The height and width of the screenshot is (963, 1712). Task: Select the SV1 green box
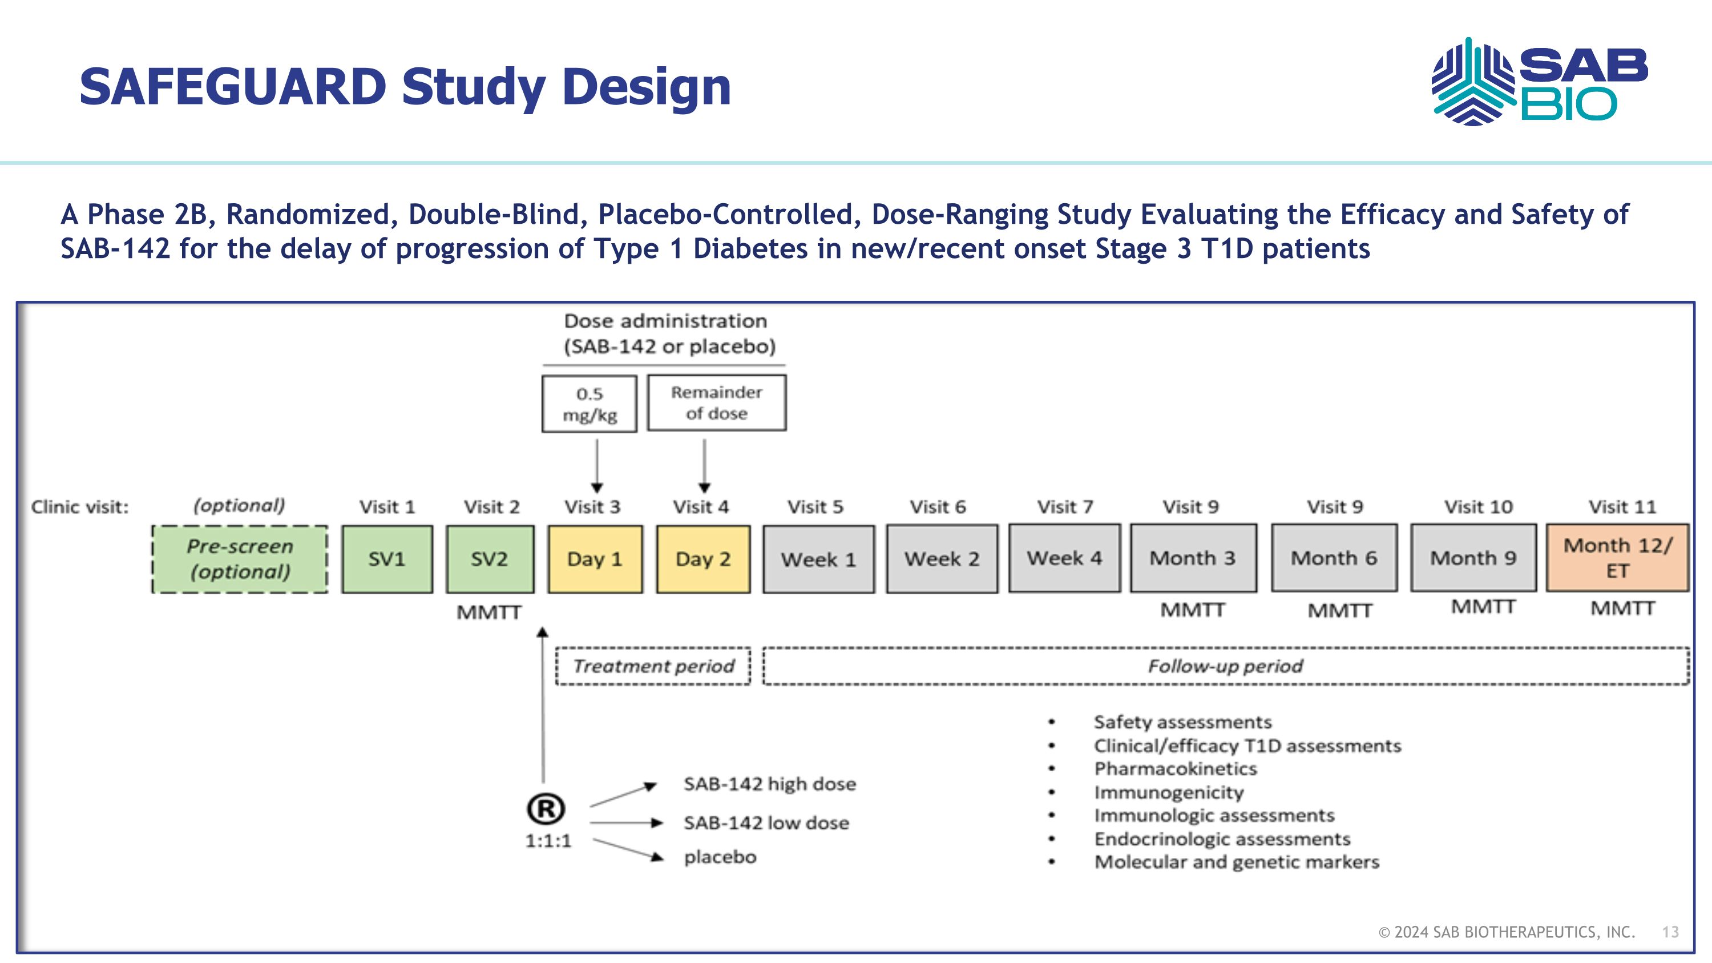tap(387, 559)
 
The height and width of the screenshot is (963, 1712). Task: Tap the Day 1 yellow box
tap(595, 559)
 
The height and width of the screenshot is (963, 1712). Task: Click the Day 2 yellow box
tap(703, 559)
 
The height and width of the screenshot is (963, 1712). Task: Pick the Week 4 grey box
tap(1064, 558)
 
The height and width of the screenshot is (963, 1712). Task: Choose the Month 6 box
tap(1334, 558)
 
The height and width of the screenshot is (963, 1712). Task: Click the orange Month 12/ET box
tap(1617, 558)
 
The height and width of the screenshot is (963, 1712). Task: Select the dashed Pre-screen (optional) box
tap(240, 559)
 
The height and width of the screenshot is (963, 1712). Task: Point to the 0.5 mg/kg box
tap(589, 404)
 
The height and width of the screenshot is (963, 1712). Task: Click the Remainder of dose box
tap(716, 403)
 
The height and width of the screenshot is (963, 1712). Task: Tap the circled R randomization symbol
tap(546, 809)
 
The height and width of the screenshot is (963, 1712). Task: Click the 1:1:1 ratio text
tap(548, 841)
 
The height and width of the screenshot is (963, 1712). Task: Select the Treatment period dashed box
tap(653, 666)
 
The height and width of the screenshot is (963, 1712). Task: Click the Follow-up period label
tap(1225, 666)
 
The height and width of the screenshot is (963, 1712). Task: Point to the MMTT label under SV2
tap(489, 612)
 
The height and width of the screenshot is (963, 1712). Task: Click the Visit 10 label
tap(1478, 507)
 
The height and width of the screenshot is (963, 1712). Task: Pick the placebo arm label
tap(720, 857)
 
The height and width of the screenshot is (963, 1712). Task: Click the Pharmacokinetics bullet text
tap(1175, 769)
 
